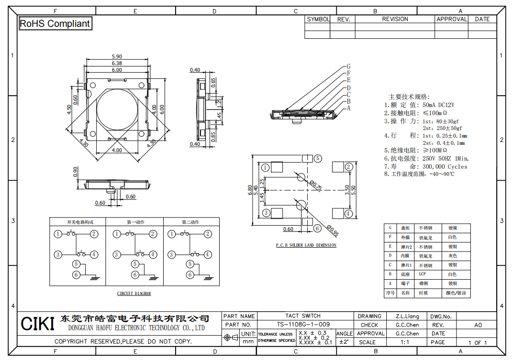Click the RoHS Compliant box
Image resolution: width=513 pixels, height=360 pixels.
pos(55,23)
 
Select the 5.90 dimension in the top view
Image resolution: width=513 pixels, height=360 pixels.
pos(117,57)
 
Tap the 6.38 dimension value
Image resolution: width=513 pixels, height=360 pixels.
pos(117,63)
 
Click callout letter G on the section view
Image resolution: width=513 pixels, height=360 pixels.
pos(349,66)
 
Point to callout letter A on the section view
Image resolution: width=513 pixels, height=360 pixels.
pos(349,109)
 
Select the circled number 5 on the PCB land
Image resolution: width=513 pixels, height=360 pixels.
pos(318,158)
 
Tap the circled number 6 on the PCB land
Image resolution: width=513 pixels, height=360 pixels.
pos(317,229)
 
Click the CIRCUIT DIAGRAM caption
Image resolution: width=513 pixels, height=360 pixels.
pos(134,294)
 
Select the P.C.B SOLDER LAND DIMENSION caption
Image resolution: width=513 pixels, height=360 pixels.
pos(306,245)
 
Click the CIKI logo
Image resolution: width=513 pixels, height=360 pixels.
pos(37,324)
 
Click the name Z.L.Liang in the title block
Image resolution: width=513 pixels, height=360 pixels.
pos(407,316)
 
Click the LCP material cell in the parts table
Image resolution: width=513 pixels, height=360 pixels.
pos(423,274)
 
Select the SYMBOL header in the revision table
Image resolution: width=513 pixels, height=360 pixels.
pos(318,19)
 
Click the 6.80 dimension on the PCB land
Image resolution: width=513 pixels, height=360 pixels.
pos(250,190)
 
